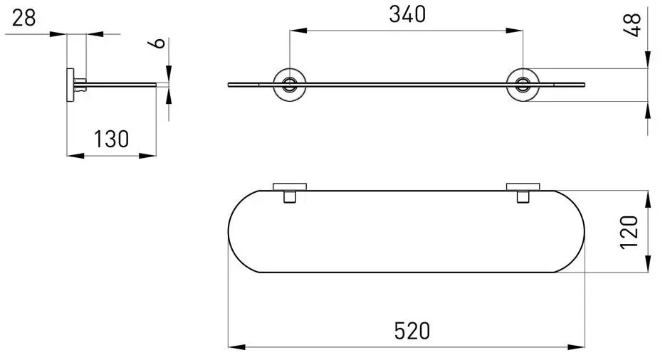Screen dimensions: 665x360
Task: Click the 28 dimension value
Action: [23, 18]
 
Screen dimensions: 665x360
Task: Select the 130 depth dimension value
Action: [111, 139]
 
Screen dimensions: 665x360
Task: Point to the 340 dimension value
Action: [407, 14]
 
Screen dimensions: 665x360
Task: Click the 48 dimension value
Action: [632, 25]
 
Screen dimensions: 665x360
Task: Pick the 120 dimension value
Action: [629, 233]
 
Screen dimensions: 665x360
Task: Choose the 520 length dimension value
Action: [412, 331]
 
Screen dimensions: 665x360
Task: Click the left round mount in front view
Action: [290, 85]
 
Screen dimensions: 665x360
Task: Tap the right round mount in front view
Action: [523, 85]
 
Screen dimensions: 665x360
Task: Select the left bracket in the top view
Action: [290, 193]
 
